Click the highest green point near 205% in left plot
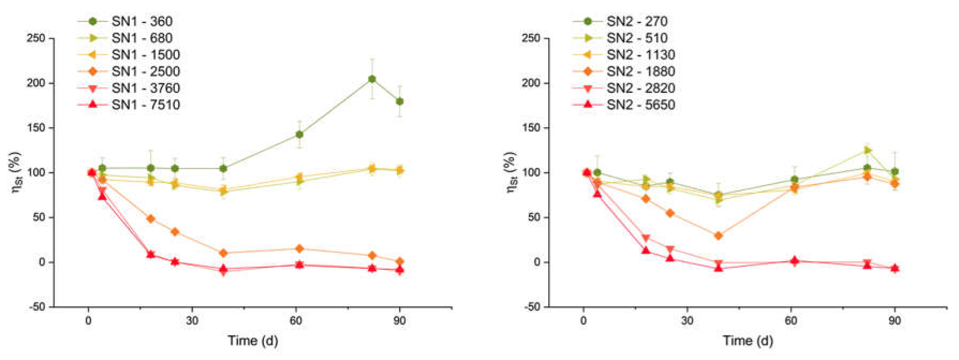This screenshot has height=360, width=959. pyautogui.click(x=372, y=79)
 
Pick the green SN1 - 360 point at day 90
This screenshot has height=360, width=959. pyautogui.click(x=399, y=101)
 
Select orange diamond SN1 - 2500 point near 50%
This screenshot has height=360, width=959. pyautogui.click(x=151, y=219)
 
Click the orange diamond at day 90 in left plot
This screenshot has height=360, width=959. pyautogui.click(x=399, y=261)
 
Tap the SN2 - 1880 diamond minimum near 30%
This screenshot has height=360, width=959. pyautogui.click(x=718, y=236)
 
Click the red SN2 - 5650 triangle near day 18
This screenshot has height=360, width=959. pyautogui.click(x=646, y=251)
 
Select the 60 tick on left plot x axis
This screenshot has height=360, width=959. pyautogui.click(x=296, y=320)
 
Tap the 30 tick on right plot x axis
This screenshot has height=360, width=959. pyautogui.click(x=687, y=320)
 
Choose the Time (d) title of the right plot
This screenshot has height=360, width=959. pyautogui.click(x=748, y=340)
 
